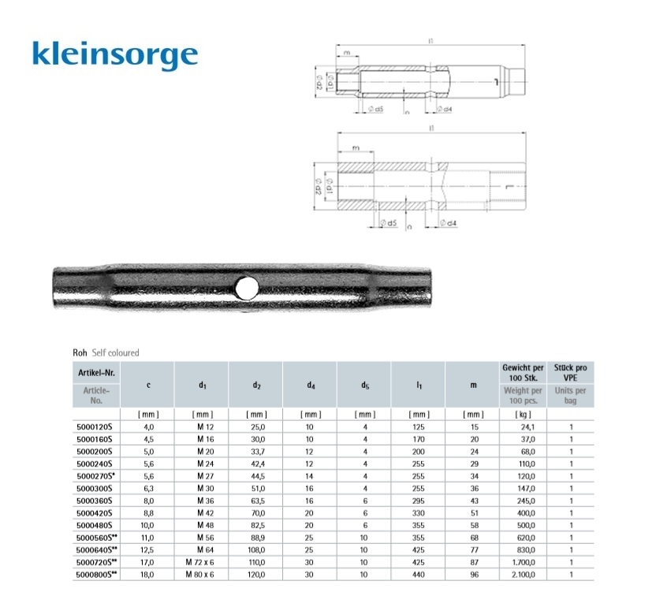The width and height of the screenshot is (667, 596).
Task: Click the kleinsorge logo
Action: coord(114,54)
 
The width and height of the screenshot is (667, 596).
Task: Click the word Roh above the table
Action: coord(80,353)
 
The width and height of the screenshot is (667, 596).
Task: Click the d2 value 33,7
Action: coord(256,453)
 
